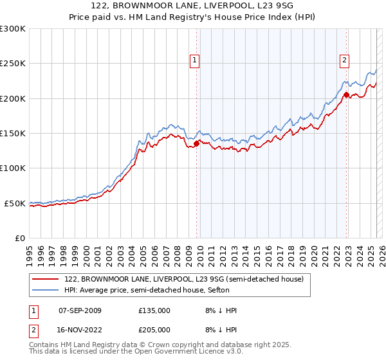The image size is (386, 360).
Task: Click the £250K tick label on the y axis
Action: (13, 64)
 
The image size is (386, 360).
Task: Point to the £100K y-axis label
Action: (13, 168)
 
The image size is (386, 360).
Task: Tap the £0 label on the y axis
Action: (20, 238)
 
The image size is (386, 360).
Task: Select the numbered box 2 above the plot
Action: (344, 60)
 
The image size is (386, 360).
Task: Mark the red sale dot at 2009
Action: (196, 144)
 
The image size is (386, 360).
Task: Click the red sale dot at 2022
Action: (346, 95)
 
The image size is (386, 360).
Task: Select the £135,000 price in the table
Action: (154, 310)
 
